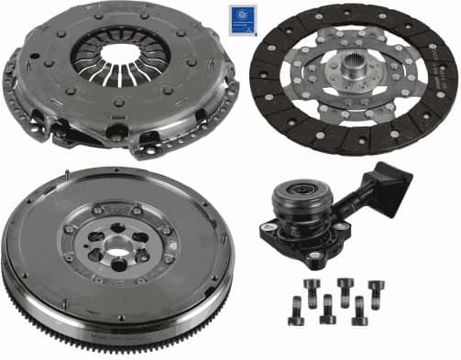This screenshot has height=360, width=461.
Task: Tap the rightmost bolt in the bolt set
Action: (375, 293)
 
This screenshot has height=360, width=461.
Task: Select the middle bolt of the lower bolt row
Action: (327, 309)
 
